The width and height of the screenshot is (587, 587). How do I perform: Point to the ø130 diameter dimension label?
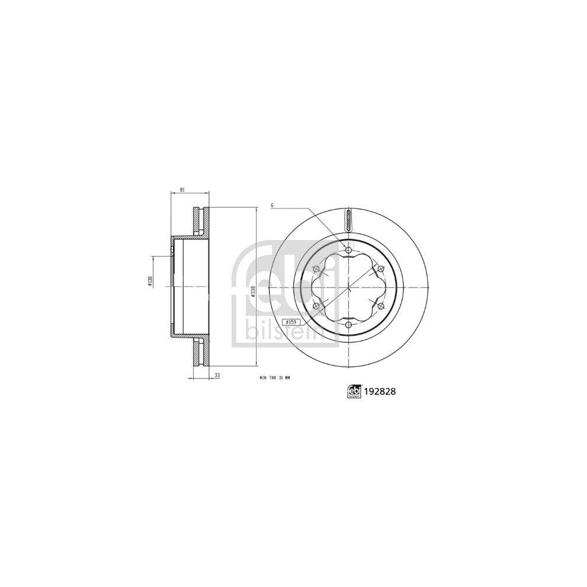150,281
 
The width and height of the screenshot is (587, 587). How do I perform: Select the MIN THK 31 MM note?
275,379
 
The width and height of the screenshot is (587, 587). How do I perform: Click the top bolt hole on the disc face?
349,251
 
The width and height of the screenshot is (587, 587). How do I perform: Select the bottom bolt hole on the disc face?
349,325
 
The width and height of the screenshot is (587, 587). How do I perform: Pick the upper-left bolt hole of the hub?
317,269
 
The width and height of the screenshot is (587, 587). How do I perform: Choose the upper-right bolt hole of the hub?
380,269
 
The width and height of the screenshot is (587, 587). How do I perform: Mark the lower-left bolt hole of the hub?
317,306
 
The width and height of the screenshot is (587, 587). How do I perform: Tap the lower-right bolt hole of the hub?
380,306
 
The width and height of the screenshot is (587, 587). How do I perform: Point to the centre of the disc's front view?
349,288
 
